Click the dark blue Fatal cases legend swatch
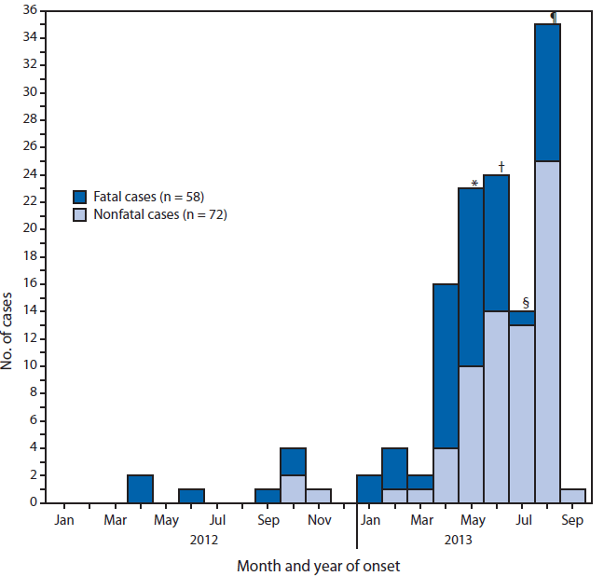pyautogui.click(x=80, y=196)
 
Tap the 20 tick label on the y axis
pyautogui.click(x=29, y=228)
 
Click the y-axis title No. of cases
pyautogui.click(x=8, y=333)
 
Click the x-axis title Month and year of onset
pyautogui.click(x=318, y=566)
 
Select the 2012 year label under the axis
pyautogui.click(x=204, y=540)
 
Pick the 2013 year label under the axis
pyautogui.click(x=458, y=540)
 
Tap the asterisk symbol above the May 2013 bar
pyautogui.click(x=474, y=184)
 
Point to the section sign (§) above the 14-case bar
pyautogui.click(x=526, y=303)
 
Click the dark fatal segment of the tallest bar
pyautogui.click(x=547, y=92)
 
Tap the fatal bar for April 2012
pyautogui.click(x=140, y=488)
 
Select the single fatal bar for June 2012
pyautogui.click(x=191, y=495)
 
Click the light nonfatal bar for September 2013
pyautogui.click(x=572, y=495)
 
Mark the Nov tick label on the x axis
pyautogui.click(x=319, y=519)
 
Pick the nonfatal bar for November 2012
pyautogui.click(x=319, y=495)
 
